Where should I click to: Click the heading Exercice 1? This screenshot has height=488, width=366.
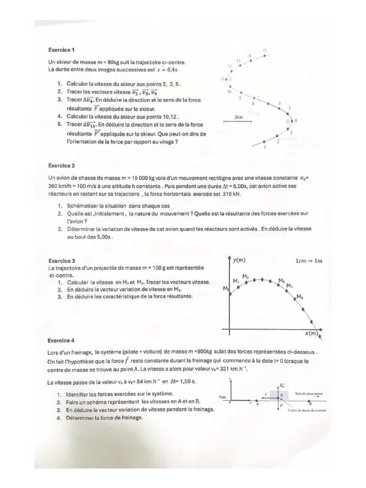click(61, 49)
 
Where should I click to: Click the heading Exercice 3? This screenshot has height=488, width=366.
click(61, 261)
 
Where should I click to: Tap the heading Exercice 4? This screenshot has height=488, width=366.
click(61, 341)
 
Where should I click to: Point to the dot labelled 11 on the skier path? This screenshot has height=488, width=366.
click(230, 79)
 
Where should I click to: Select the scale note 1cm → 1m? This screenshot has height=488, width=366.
click(309, 261)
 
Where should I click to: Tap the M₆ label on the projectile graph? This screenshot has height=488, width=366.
click(282, 280)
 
